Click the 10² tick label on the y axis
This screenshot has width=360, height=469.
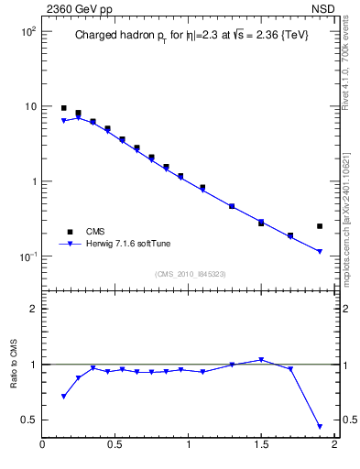coord(28,31)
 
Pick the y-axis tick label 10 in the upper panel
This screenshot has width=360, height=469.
coord(30,106)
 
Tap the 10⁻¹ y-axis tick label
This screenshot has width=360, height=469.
coord(28,256)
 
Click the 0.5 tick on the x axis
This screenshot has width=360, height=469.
coord(115,446)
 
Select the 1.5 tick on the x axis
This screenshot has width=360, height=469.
coord(261,446)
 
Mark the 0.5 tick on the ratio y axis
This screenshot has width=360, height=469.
coord(28,420)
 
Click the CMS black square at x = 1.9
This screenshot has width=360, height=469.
coord(320,225)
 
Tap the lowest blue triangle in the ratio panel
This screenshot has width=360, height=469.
coord(320,426)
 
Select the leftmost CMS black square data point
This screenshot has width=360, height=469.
coord(64,108)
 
